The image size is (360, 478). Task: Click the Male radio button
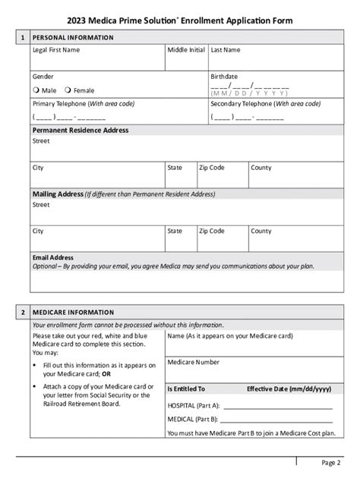(36, 90)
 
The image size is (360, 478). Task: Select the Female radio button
(69, 90)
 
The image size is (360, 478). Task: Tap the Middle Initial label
(185, 50)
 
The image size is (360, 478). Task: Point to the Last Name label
(226, 50)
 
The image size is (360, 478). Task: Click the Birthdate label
(224, 77)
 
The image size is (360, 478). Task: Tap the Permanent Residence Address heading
(80, 131)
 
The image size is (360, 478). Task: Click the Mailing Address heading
(57, 193)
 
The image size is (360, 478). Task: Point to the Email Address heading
(52, 257)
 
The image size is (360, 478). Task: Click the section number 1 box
(23, 36)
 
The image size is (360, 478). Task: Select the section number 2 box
(23, 312)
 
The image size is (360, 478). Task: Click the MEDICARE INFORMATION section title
(73, 312)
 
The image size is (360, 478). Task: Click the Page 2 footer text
(332, 462)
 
